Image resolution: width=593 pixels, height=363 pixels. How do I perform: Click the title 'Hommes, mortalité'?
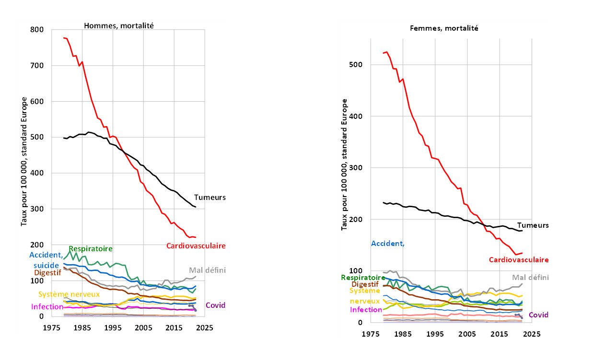tap(119, 25)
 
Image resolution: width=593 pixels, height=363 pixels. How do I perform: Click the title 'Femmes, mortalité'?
tap(444, 28)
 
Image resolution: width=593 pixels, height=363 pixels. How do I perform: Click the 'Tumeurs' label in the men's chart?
tap(209, 197)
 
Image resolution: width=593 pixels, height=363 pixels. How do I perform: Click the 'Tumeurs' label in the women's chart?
tap(533, 225)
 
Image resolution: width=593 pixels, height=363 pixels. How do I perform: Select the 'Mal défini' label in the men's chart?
tap(207, 270)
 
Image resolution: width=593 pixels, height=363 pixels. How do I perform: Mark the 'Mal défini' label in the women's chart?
tap(530, 277)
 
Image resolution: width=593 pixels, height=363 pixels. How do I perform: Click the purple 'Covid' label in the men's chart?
tap(215, 305)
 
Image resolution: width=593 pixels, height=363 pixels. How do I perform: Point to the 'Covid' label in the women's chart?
tap(538, 315)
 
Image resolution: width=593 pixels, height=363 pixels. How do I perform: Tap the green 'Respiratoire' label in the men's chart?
tap(91, 248)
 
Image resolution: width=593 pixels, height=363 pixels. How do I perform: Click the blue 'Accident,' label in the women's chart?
tap(388, 243)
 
